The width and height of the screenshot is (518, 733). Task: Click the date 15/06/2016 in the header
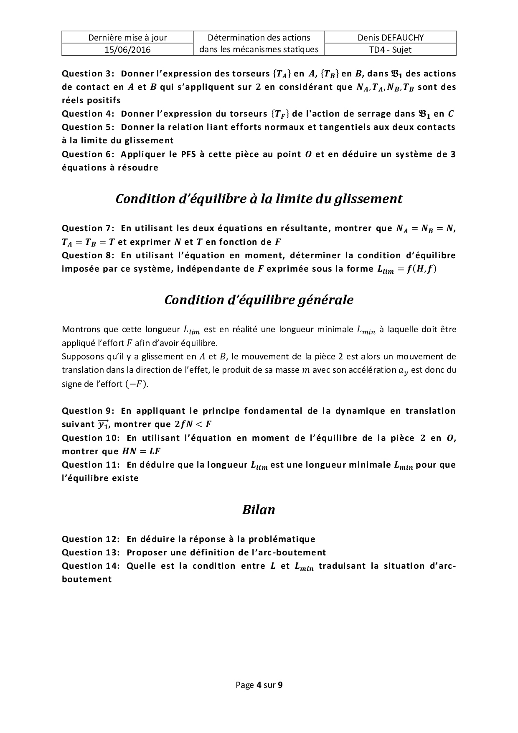coord(127,50)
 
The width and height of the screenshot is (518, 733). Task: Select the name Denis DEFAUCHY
coord(390,38)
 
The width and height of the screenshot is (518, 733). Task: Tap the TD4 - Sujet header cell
coord(390,50)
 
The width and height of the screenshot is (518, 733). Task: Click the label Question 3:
coord(88,74)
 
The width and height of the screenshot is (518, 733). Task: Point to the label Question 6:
coord(88,154)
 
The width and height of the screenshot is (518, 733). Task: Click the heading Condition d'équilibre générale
coord(259,300)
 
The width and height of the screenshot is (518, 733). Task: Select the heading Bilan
coord(259,510)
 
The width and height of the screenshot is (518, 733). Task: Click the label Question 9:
coord(88,411)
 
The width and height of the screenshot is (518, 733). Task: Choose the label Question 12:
coord(91,539)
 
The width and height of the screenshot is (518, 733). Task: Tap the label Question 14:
coord(91,566)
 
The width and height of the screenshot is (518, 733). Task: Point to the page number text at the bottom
coord(259,685)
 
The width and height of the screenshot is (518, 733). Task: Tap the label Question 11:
coord(91,465)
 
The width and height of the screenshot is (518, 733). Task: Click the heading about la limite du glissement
coord(259,199)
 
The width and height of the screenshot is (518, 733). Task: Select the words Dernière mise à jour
coord(127,38)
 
